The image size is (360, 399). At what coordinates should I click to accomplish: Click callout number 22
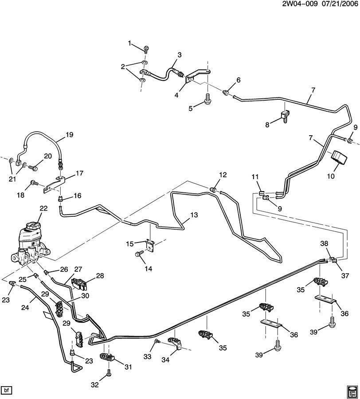point(43,208)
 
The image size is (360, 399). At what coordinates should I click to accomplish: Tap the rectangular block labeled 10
point(339,159)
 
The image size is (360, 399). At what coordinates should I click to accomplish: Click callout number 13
point(194,215)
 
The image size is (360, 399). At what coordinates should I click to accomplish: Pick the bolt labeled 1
point(146,49)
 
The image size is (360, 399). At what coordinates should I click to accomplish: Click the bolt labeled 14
point(138,254)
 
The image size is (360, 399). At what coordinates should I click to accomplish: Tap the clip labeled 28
point(80,285)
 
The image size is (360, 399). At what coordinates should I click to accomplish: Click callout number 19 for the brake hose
point(70,134)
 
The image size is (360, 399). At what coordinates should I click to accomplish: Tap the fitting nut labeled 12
point(212,189)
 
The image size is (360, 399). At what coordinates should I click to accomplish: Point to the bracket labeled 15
point(151,245)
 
